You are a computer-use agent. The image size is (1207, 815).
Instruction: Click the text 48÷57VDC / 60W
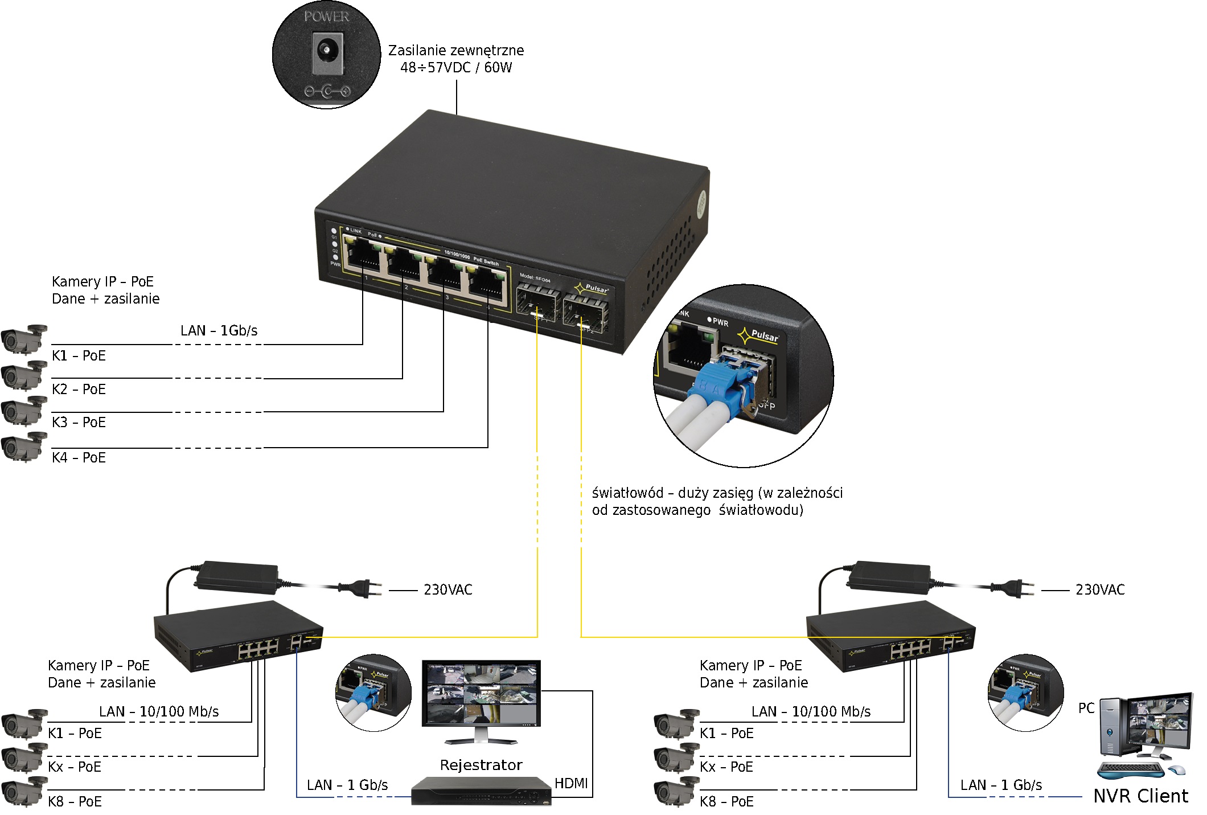tap(456, 68)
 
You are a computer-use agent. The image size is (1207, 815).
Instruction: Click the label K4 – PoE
tap(79, 458)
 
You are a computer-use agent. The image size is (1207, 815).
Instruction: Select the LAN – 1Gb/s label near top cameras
tap(219, 331)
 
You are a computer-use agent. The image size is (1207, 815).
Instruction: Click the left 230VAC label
tap(448, 590)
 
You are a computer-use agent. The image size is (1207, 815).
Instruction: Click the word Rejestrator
tap(481, 765)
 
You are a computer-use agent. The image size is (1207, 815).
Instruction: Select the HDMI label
tap(570, 784)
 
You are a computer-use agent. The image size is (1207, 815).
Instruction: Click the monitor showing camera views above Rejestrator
tap(482, 695)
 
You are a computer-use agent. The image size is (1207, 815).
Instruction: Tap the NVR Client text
tap(1140, 796)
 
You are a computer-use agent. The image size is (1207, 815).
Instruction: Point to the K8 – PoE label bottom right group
tap(726, 802)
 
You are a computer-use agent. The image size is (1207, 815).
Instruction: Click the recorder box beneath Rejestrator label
tap(481, 792)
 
